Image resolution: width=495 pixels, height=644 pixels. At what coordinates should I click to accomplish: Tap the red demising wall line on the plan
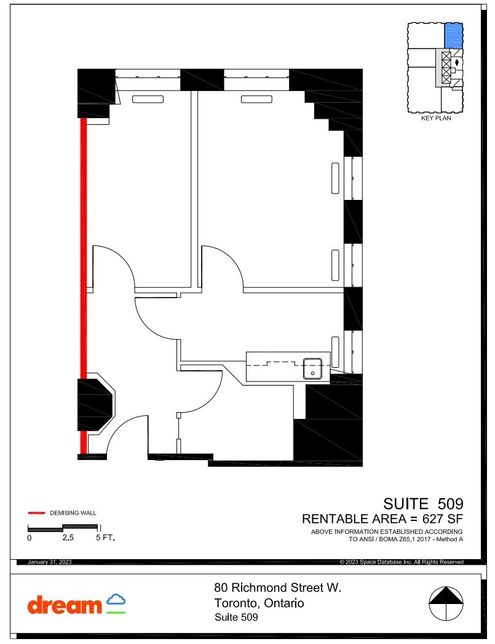[82, 246]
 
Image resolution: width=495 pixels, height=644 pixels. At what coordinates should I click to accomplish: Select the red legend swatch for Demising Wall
[37, 512]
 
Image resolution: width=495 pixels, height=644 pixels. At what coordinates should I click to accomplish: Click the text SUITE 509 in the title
[423, 504]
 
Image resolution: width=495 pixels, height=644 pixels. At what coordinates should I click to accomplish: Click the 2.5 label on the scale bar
[68, 538]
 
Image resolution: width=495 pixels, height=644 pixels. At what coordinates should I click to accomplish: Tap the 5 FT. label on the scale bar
[105, 538]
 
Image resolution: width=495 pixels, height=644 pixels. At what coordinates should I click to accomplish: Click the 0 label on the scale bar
[30, 538]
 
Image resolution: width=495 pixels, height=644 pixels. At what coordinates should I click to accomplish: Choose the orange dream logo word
[64, 605]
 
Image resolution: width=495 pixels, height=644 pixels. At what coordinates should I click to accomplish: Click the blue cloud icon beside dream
[116, 600]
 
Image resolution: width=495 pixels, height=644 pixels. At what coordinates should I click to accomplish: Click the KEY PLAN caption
[435, 118]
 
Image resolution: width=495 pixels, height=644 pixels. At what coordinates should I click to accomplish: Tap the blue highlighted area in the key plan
[453, 34]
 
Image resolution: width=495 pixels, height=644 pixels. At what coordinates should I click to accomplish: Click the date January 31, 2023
[50, 562]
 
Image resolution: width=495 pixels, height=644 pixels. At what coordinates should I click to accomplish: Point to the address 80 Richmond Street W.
[277, 587]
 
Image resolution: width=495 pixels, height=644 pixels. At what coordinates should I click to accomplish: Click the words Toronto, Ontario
[259, 603]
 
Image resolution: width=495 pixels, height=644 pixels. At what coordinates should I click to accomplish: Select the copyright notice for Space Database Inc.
[402, 562]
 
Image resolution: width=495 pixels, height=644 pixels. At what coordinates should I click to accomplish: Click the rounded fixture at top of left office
[148, 98]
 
